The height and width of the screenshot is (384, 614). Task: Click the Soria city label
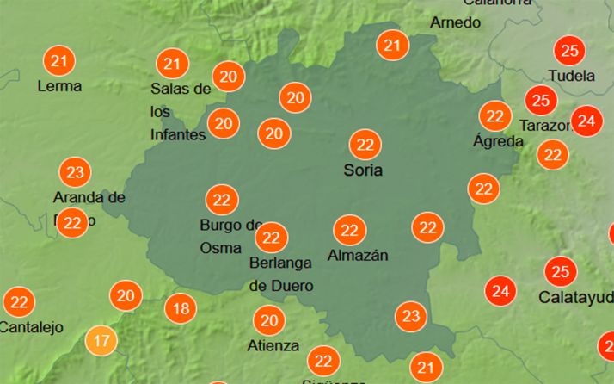[363, 170]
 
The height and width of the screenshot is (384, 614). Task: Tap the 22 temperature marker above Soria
[365, 144]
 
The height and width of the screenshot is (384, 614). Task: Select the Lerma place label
[59, 86]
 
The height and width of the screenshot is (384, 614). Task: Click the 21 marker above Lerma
[59, 61]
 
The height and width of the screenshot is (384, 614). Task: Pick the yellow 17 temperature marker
[101, 340]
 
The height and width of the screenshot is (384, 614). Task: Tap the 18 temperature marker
[181, 307]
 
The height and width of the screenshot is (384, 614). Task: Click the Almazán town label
[358, 256]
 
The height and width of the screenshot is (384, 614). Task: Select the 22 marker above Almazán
[349, 230]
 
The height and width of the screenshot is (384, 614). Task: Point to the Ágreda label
[498, 140]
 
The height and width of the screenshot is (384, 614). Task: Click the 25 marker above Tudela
[568, 49]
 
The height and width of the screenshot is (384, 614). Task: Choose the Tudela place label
[572, 76]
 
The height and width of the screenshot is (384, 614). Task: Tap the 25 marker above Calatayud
[560, 272]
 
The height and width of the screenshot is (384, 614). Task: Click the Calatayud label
[576, 298]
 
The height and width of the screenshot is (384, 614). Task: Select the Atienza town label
[273, 346]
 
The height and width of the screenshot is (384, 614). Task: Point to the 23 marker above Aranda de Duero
[76, 172]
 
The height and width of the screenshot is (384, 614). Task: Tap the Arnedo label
[456, 22]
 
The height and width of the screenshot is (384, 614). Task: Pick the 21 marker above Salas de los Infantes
[173, 63]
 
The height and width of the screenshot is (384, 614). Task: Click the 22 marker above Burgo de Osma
[222, 201]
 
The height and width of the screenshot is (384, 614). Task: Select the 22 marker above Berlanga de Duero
[271, 237]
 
